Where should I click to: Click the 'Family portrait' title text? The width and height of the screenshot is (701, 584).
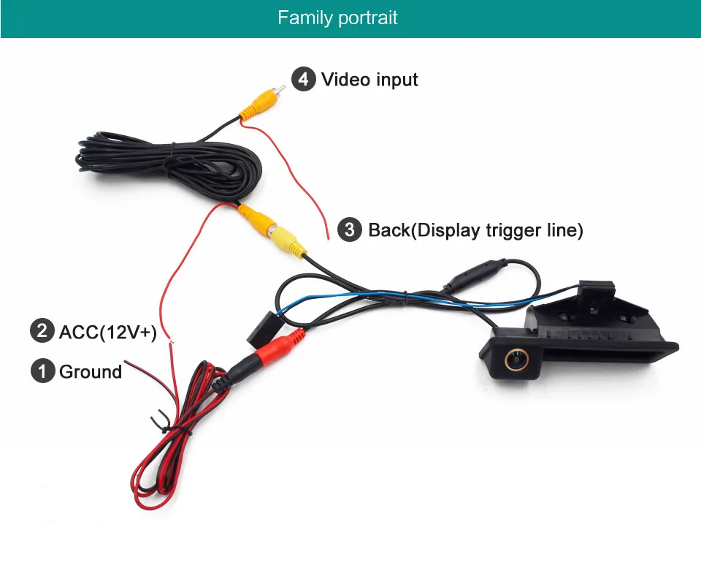337,18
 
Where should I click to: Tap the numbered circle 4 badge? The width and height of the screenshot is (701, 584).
303,79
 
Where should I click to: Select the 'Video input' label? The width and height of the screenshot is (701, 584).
369,79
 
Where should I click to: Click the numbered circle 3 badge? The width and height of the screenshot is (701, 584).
350,230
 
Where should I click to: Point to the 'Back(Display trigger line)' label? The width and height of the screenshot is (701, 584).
475,230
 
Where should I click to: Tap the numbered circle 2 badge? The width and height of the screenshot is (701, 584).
42,332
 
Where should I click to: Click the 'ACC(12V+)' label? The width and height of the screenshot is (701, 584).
107,333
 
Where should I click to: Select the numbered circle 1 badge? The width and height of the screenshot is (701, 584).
42,371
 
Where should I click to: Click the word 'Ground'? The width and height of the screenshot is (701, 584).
91,372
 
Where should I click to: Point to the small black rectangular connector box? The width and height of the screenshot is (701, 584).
263,329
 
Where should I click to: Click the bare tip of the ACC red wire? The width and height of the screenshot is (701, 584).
171,338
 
